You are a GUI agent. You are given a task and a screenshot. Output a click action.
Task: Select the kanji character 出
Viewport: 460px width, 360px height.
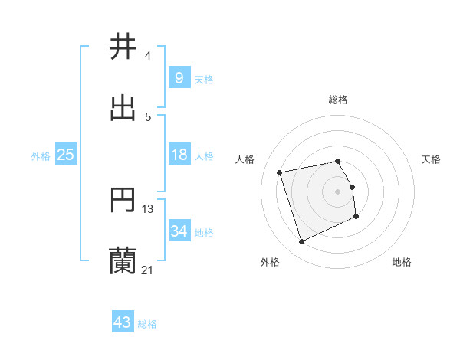123,109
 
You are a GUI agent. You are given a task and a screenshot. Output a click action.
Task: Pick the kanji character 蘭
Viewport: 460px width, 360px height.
123,260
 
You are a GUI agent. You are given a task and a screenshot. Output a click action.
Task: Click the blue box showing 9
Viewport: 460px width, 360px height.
179,77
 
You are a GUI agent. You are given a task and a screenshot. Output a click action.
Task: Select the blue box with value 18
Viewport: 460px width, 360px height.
179,155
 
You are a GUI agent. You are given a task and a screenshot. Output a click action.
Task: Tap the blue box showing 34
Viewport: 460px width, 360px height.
179,231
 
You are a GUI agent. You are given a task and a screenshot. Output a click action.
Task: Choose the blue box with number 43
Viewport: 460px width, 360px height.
123,322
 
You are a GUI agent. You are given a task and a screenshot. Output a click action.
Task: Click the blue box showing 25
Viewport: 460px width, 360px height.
65,155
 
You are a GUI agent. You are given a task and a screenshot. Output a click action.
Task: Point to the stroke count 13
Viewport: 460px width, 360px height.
148,208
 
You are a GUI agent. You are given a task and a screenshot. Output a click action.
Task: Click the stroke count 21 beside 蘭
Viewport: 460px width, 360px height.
148,270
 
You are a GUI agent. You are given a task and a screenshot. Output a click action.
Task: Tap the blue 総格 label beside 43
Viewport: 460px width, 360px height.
147,324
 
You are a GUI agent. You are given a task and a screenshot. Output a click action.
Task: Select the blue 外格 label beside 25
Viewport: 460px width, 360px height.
41,156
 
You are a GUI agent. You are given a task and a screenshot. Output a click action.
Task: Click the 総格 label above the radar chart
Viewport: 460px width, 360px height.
338,100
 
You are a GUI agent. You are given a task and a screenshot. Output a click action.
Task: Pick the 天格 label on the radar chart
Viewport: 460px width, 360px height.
432,159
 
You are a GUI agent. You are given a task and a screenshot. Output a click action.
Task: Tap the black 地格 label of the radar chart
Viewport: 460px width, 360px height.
402,263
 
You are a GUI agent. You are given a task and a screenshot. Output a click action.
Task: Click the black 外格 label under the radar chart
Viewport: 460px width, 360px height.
270,263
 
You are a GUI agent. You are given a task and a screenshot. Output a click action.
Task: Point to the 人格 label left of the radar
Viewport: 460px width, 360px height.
245,159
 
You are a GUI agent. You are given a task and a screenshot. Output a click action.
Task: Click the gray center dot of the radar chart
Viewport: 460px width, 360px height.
338,191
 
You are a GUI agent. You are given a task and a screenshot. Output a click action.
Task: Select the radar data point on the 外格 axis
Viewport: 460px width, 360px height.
301,242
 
